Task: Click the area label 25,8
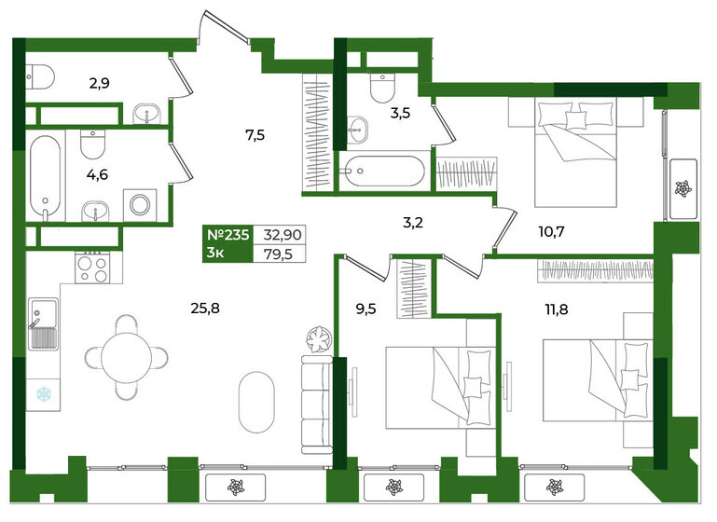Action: point(205,309)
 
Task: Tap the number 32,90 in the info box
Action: point(283,235)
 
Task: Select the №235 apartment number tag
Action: point(228,235)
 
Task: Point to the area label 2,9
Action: point(99,84)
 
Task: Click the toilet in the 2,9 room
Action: point(40,76)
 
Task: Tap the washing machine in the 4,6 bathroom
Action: point(140,205)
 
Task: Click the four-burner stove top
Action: point(92,268)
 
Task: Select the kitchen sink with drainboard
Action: point(44,323)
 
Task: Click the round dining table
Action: point(126,357)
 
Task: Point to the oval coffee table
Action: point(256,402)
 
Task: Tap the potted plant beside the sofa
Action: point(319,339)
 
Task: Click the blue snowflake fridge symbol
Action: point(44,393)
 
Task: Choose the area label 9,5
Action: point(365,309)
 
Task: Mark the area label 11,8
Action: point(556,309)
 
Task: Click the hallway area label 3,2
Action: point(412,223)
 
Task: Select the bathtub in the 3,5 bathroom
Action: point(384,172)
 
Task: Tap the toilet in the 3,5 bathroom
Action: point(382,87)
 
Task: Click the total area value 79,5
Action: point(278,254)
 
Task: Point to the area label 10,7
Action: point(551,232)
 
